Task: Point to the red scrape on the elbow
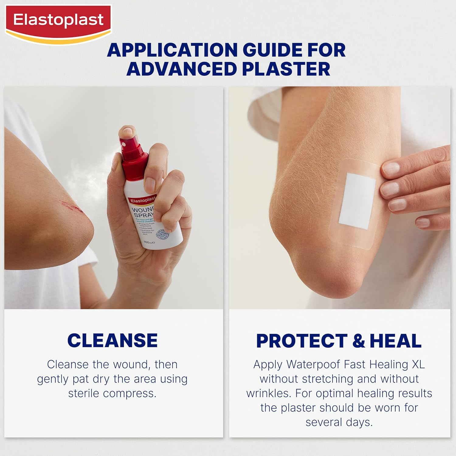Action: pyautogui.click(x=72, y=205)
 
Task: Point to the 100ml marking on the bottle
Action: pyautogui.click(x=149, y=242)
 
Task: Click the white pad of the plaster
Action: pyautogui.click(x=357, y=201)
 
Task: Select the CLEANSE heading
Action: pyautogui.click(x=112, y=340)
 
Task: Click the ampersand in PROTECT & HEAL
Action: pyautogui.click(x=359, y=341)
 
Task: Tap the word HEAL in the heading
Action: pyautogui.click(x=396, y=341)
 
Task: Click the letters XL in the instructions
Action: pyautogui.click(x=418, y=364)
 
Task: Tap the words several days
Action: pyautogui.click(x=339, y=422)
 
